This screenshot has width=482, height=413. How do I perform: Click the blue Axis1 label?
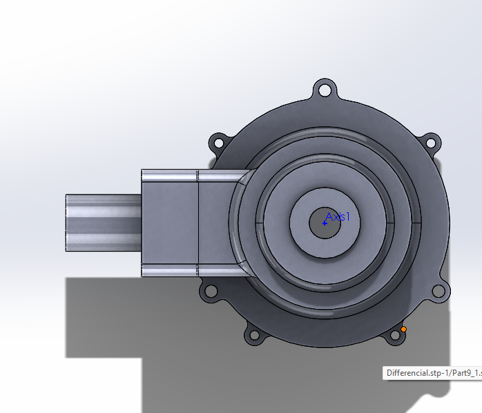tap(338, 216)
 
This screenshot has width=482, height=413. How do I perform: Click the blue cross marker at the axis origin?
tap(325, 223)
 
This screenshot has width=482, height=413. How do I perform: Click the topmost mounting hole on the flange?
tap(324, 89)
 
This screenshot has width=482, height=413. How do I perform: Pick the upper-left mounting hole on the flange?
tap(218, 143)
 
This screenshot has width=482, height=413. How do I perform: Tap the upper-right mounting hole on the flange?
tap(430, 143)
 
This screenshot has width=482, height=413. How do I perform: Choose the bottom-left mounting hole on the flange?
tap(253, 336)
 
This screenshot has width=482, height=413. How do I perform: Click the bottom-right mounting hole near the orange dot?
tap(394, 336)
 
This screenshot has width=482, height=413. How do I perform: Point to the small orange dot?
tap(404, 330)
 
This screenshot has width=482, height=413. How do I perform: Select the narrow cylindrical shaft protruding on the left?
tap(104, 223)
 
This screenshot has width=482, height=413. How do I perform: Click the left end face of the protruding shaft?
tap(67, 223)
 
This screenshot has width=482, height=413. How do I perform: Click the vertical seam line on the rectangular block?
tap(198, 223)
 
